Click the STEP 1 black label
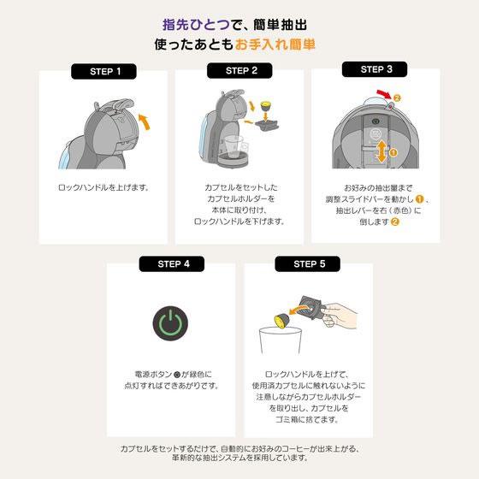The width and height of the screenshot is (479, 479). (103, 72)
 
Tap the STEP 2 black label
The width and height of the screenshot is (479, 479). (239, 70)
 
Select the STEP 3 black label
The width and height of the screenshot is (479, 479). (375, 69)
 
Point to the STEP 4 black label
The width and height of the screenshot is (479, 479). (172, 264)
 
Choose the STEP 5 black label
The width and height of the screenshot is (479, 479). (308, 264)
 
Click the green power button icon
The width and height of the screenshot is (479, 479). (170, 323)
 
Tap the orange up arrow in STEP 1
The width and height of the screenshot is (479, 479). (145, 121)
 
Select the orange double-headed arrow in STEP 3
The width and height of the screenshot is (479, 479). (381, 152)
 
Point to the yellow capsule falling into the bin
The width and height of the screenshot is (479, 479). (282, 321)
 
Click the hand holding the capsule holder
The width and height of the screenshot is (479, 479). (339, 316)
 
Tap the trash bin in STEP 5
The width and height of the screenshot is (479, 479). (281, 340)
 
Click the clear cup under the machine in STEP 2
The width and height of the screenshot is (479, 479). (233, 146)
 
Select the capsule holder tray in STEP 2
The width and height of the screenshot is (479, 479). (267, 125)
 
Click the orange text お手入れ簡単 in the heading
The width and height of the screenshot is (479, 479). (275, 44)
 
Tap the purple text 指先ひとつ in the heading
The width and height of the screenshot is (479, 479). (196, 25)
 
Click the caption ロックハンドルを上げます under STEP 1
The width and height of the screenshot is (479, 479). (103, 187)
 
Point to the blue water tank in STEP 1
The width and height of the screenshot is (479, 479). (66, 156)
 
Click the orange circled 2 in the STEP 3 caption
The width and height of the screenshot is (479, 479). (395, 222)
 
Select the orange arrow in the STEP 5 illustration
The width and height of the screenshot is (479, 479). (298, 310)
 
